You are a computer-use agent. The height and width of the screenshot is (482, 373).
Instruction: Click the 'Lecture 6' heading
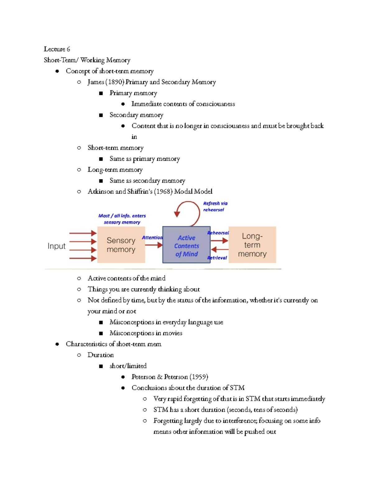tap(57, 49)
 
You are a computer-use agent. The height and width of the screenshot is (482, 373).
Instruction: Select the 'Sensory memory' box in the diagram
tap(121, 245)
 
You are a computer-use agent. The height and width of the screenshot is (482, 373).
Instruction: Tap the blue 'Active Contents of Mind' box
tap(186, 245)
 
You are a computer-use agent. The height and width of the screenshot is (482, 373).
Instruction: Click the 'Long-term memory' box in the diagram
tap(252, 245)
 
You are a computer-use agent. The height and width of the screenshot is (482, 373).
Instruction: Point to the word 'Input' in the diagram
tap(57, 246)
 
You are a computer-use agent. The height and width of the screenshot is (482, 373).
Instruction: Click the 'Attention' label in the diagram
tap(152, 237)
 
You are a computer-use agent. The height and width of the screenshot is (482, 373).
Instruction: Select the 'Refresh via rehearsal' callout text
tap(215, 206)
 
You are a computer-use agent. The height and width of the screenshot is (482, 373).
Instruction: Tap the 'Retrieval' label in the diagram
tap(217, 258)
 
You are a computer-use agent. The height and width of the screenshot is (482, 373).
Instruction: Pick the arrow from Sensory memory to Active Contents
tap(154, 245)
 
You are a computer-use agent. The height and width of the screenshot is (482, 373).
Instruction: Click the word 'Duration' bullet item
tap(100, 355)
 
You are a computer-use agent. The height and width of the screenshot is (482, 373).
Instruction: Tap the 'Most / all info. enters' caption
tap(122, 216)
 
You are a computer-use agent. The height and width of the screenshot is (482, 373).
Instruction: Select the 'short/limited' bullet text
tap(128, 366)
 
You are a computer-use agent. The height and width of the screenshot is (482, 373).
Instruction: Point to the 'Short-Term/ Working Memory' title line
tap(87, 60)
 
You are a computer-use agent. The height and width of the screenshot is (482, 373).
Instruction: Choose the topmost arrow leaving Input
tap(83, 233)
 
